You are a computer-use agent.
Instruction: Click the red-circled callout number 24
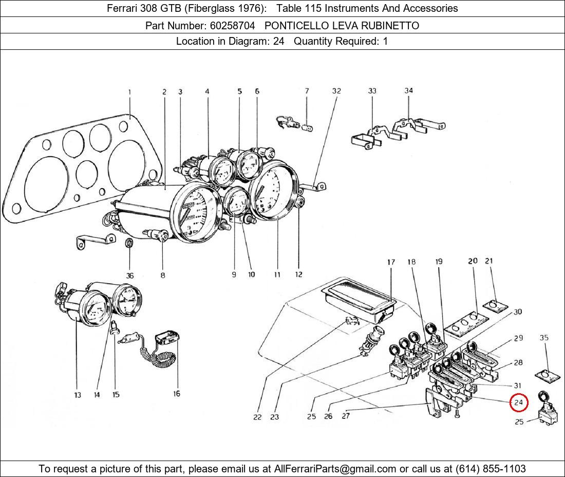[518, 402]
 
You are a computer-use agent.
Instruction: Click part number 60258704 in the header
[231, 25]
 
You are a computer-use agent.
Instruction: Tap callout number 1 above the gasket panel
[129, 92]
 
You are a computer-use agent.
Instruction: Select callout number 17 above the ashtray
[391, 262]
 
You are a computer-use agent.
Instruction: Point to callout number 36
[130, 276]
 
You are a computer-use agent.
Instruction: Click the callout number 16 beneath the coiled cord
[176, 394]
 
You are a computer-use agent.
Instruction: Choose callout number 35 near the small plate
[544, 338]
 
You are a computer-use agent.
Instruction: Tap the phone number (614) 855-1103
[491, 469]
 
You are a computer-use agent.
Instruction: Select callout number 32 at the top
[336, 91]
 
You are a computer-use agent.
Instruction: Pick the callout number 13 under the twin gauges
[77, 395]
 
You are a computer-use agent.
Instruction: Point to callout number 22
[257, 417]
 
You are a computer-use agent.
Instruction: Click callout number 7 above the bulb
[307, 91]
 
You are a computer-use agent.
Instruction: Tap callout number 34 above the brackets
[408, 90]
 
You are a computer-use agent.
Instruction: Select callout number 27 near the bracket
[345, 416]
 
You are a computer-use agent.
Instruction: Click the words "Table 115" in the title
[296, 8]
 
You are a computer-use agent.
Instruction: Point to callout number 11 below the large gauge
[277, 274]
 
